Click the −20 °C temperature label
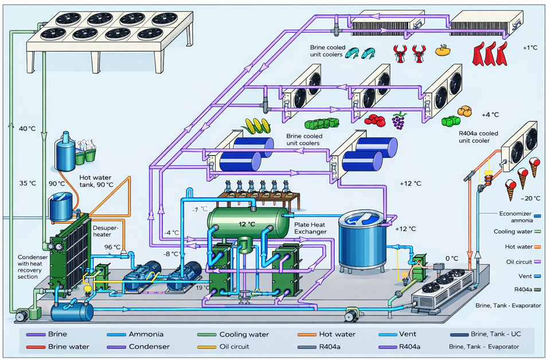(530, 198)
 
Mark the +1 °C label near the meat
(530, 48)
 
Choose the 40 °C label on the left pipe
(28, 128)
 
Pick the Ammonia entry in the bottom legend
(146, 334)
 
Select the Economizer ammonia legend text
(515, 217)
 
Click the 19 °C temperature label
(202, 288)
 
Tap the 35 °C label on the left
(28, 183)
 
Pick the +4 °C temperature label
(490, 115)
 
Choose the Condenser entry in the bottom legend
(149, 347)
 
